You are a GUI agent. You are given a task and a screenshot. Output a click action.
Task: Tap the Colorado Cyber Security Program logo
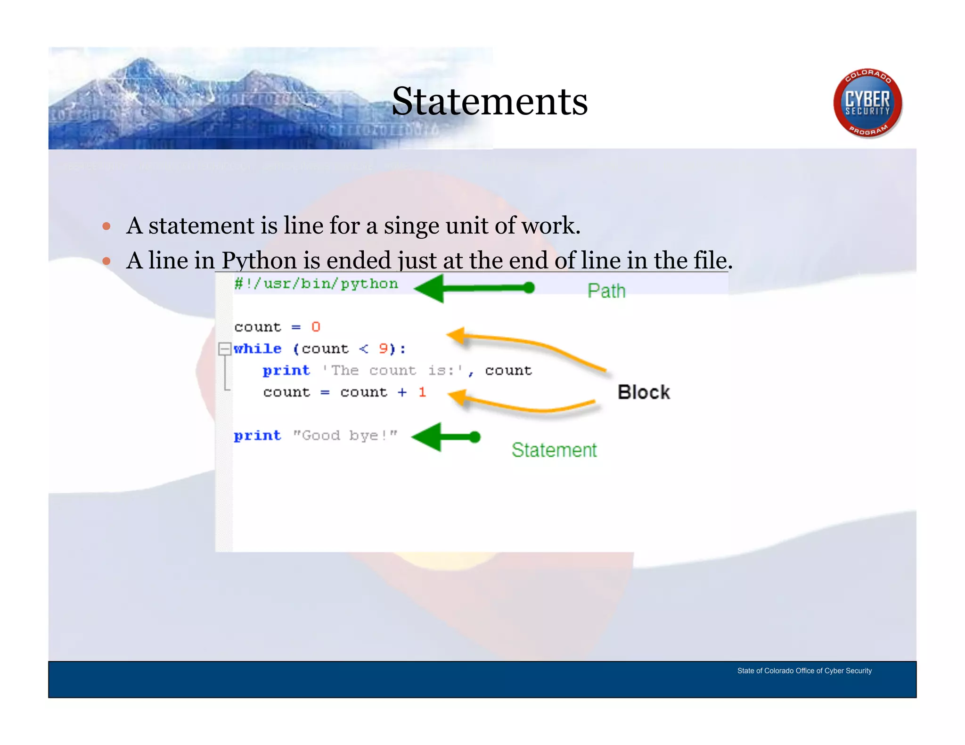(x=867, y=103)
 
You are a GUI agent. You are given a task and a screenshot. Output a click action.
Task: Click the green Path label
(x=606, y=291)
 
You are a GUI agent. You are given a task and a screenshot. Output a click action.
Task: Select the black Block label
(x=644, y=392)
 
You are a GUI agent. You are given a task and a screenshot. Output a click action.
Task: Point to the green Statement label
(x=554, y=450)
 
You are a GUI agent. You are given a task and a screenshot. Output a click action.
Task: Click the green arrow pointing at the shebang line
(x=474, y=288)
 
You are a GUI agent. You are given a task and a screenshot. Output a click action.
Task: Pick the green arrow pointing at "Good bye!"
(x=445, y=437)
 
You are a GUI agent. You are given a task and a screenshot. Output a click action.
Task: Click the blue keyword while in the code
(x=258, y=349)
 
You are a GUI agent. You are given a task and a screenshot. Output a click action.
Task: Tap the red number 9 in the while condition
(x=384, y=349)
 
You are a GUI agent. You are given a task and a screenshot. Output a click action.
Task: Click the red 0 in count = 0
(x=316, y=327)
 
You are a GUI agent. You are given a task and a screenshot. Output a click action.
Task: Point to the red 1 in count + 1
(x=422, y=392)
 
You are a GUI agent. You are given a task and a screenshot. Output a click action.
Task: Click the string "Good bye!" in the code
(x=345, y=436)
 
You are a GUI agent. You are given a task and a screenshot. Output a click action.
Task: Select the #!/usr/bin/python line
(x=316, y=283)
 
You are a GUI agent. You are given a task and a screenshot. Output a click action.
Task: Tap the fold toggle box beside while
(x=225, y=349)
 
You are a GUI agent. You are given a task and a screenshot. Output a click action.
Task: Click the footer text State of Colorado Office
(x=804, y=671)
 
